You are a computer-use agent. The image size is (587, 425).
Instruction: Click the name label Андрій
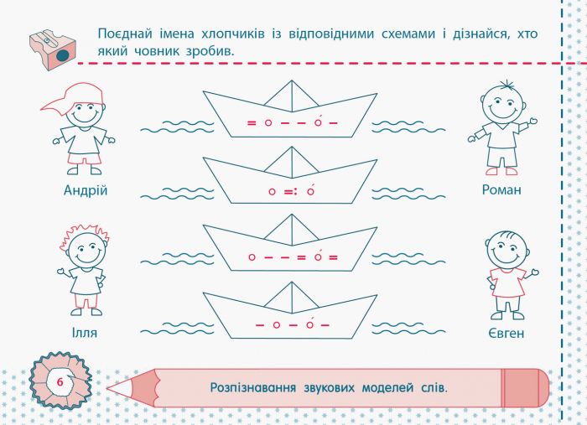[x=86, y=190]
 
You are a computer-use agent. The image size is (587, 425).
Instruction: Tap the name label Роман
[x=501, y=190]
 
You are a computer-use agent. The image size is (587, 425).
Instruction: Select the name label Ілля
[x=85, y=333]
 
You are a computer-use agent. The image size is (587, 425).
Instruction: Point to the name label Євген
[x=506, y=333]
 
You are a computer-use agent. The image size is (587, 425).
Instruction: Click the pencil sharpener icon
[x=52, y=49]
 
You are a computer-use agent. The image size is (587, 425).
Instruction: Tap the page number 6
[x=60, y=382]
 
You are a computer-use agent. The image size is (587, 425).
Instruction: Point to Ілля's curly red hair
[x=84, y=233]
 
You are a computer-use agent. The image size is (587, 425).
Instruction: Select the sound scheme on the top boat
[x=293, y=122]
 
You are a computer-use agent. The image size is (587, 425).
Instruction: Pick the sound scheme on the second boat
[x=292, y=191]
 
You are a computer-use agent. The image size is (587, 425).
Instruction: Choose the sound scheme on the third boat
[x=293, y=257]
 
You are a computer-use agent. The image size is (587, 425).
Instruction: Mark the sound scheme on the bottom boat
[x=293, y=324]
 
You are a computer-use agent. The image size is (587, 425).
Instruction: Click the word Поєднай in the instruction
[x=125, y=34]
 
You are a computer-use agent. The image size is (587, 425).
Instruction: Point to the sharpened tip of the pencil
[x=107, y=388]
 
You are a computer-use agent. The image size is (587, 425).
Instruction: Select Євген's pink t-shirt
[x=508, y=282]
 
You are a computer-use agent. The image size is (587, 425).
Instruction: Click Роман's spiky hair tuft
[x=506, y=85]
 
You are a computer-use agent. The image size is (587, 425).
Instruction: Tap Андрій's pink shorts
[x=85, y=158]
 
